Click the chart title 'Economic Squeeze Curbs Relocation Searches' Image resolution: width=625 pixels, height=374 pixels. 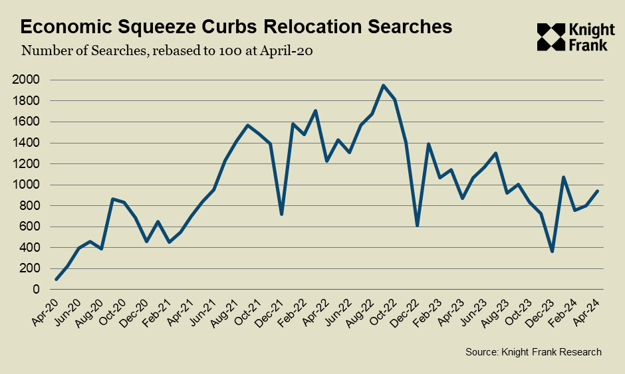[x=236, y=27]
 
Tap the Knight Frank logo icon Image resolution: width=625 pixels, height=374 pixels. [x=551, y=37]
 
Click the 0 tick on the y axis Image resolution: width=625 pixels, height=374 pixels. [x=37, y=290]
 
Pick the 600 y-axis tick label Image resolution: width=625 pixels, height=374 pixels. [x=30, y=227]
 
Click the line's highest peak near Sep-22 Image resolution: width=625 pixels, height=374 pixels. [x=383, y=85]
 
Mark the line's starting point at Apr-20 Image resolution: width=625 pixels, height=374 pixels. [x=56, y=279]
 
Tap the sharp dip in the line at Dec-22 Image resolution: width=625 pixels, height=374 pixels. [x=417, y=225]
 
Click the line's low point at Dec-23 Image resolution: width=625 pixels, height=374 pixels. [x=553, y=251]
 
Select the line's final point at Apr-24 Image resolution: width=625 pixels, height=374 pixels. [x=598, y=191]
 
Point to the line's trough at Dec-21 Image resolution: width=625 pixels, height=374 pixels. [x=282, y=214]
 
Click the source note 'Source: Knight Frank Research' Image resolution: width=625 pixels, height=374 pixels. [x=534, y=352]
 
